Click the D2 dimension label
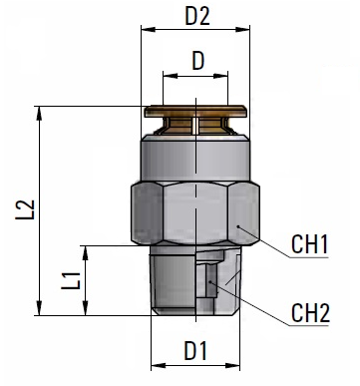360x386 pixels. (197, 16)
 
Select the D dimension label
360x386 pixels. (198, 61)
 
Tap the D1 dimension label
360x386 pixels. (195, 351)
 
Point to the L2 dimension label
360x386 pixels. (25, 209)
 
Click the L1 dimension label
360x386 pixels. (71, 280)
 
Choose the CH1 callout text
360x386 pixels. (309, 244)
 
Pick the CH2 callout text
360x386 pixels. (310, 313)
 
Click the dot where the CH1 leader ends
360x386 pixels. (238, 226)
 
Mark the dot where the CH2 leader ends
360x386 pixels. (210, 282)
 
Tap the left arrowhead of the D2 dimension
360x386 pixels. (149, 29)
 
